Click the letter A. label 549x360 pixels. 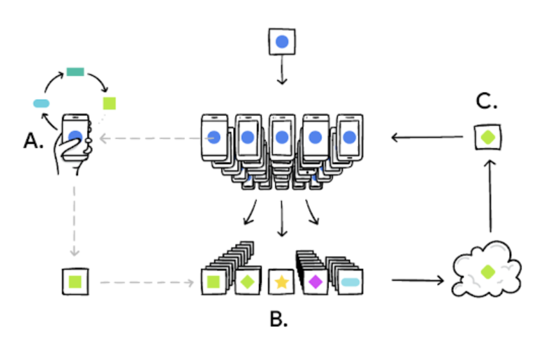[33, 141]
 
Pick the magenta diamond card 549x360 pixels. [315, 282]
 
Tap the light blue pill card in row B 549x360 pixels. [350, 282]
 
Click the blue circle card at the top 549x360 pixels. [282, 42]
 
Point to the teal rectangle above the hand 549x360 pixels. [75, 71]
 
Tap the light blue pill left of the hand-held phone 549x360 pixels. [41, 103]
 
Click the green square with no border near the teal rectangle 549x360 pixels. [110, 103]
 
